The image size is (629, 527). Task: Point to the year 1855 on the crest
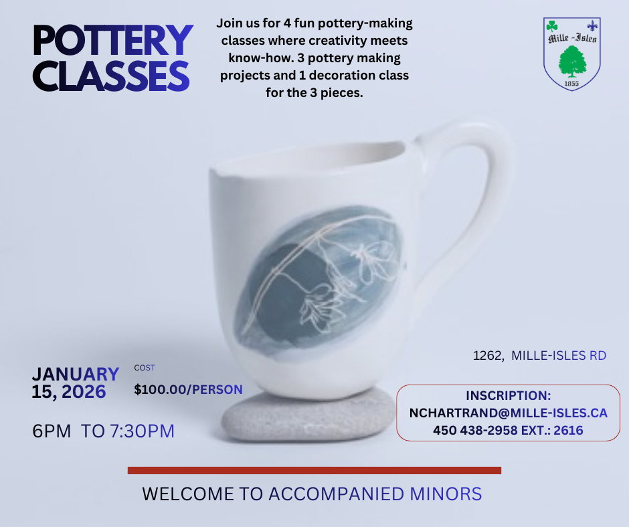coord(571,83)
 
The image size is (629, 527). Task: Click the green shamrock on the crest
coord(552,26)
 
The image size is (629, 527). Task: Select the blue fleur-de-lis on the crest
coord(592,26)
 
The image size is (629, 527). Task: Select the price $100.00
coord(161,389)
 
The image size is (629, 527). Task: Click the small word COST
coord(145,368)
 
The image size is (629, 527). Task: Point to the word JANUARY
coord(75,375)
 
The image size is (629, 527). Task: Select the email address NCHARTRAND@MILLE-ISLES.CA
coord(508,413)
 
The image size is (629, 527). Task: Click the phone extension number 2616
coord(569,431)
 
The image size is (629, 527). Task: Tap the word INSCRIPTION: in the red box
coord(508,396)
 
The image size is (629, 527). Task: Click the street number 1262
coord(487,356)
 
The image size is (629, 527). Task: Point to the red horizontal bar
coord(314,471)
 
